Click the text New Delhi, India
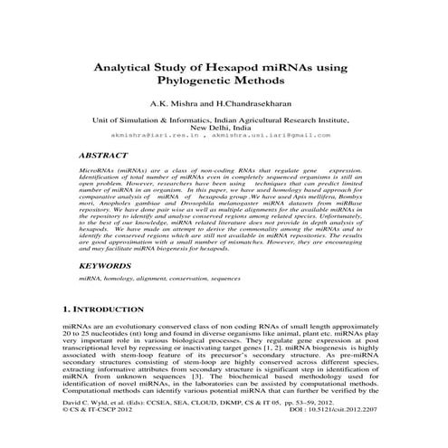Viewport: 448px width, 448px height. (x=224, y=127)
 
